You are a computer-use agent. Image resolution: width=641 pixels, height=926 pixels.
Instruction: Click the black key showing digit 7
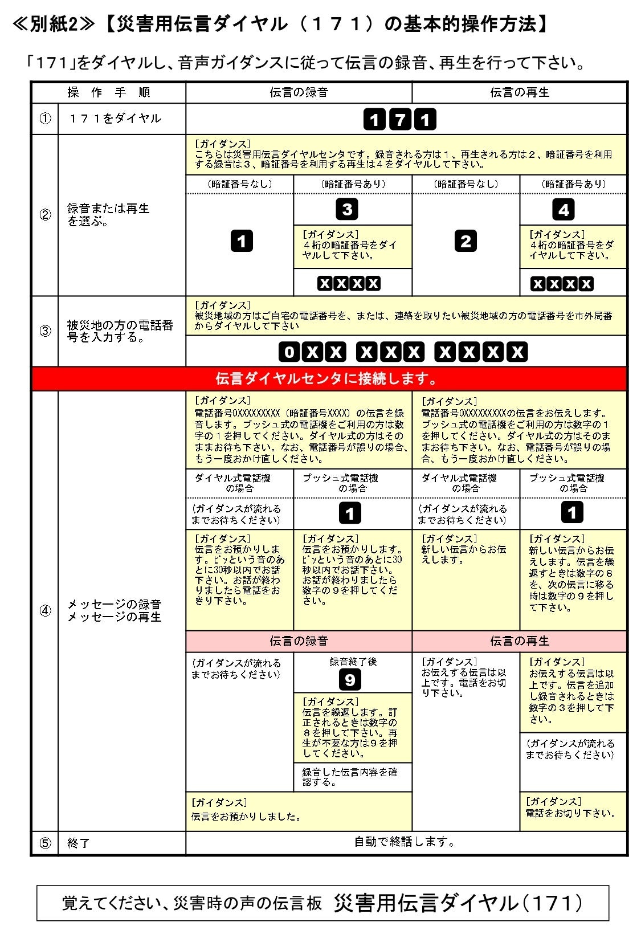[399, 120]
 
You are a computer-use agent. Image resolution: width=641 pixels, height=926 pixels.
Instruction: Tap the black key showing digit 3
[347, 209]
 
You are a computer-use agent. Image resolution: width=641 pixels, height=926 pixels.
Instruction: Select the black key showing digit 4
[563, 210]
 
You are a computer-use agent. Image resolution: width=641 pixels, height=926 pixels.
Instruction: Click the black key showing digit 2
[466, 241]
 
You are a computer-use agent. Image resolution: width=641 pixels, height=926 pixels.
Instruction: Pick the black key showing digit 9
[350, 679]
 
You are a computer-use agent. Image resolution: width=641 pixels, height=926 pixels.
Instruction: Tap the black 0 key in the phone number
[289, 352]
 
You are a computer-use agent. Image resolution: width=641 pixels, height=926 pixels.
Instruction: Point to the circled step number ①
[45, 119]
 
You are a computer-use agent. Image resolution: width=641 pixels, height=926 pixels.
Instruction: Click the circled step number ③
[45, 331]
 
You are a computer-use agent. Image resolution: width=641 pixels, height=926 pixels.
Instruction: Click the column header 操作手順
[108, 92]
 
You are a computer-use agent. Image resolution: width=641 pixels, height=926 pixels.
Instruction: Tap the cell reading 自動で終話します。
[405, 842]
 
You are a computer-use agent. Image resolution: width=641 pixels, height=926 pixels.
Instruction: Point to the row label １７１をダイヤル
[115, 119]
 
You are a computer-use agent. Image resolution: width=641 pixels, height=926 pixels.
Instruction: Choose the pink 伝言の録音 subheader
[299, 641]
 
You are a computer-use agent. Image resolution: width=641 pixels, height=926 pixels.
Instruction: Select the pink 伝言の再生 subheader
[519, 641]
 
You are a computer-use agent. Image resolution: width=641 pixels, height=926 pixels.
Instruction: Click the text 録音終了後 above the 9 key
[353, 662]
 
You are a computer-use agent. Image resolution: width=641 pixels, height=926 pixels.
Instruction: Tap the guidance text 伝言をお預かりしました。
[246, 817]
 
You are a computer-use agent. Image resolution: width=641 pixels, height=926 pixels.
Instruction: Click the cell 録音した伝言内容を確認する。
[349, 777]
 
